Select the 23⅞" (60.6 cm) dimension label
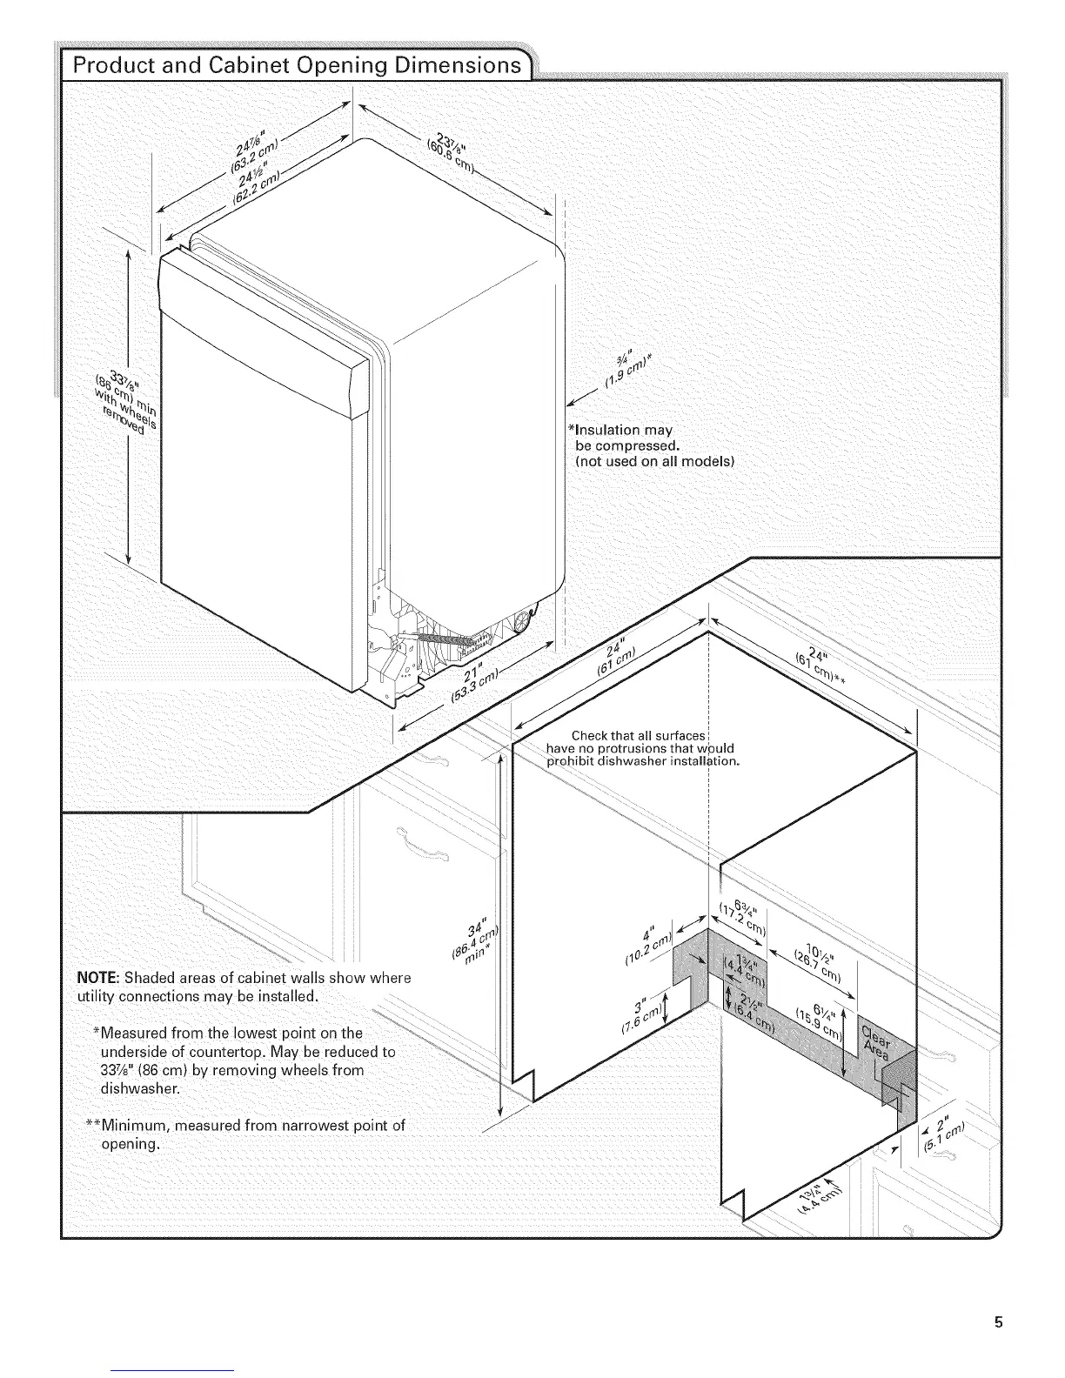452,156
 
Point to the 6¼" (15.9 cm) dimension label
821,1020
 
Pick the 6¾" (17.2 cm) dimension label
740,919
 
